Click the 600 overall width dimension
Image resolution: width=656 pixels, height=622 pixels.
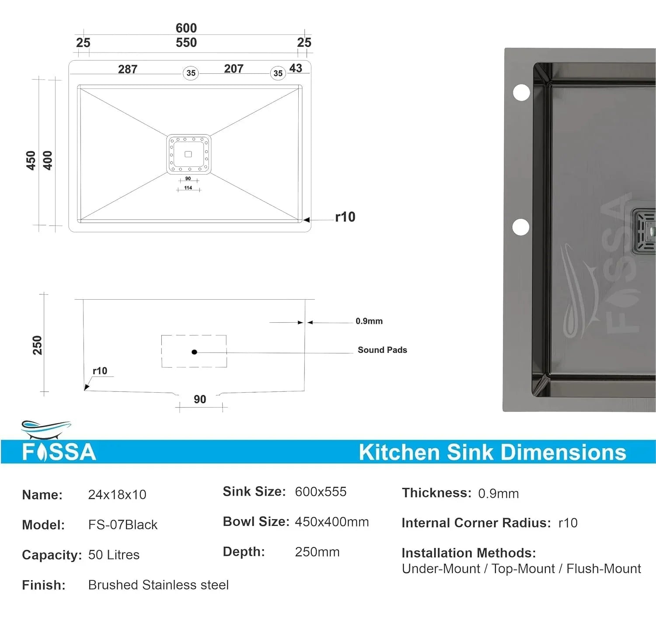click(186, 28)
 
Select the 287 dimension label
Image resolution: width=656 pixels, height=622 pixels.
click(127, 69)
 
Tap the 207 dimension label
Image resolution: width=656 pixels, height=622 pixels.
click(234, 69)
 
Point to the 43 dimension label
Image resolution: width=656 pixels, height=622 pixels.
click(296, 68)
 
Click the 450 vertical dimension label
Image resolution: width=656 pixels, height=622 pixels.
click(31, 160)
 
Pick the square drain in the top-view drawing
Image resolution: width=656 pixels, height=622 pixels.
click(188, 154)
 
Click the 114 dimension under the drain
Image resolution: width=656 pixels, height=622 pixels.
click(188, 188)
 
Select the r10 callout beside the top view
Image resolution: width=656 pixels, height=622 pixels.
click(345, 217)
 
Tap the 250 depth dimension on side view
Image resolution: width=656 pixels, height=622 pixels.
click(38, 345)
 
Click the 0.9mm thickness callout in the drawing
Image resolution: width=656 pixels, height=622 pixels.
click(369, 321)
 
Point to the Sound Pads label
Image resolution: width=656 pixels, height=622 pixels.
click(382, 350)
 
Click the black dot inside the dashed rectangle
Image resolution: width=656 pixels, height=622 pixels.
click(194, 352)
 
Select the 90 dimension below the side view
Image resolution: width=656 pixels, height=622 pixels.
click(200, 399)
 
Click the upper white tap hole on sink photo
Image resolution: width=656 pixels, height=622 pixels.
click(521, 93)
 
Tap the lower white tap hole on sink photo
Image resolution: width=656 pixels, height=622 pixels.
click(520, 227)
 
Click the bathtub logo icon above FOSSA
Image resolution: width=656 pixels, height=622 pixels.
click(45, 429)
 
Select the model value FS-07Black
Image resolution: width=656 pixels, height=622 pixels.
click(122, 525)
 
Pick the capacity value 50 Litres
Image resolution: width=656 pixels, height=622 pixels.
click(114, 555)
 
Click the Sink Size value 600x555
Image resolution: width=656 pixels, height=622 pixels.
click(320, 492)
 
